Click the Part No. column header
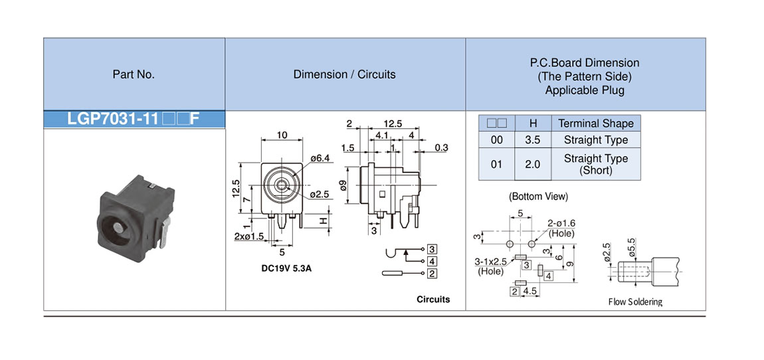pyautogui.click(x=134, y=74)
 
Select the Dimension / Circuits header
pyautogui.click(x=344, y=74)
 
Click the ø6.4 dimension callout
pyautogui.click(x=320, y=157)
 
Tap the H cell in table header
pyautogui.click(x=533, y=124)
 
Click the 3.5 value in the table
pyautogui.click(x=533, y=140)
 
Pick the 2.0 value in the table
pyautogui.click(x=533, y=164)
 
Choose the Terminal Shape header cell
pyautogui.click(x=596, y=124)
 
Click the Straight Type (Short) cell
pyautogui.click(x=596, y=164)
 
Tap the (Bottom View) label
pyautogui.click(x=538, y=197)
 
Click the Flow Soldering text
pyautogui.click(x=635, y=302)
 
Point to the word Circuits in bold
pyautogui.click(x=433, y=300)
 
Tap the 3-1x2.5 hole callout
pyautogui.click(x=490, y=266)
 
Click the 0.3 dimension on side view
pyautogui.click(x=441, y=147)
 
